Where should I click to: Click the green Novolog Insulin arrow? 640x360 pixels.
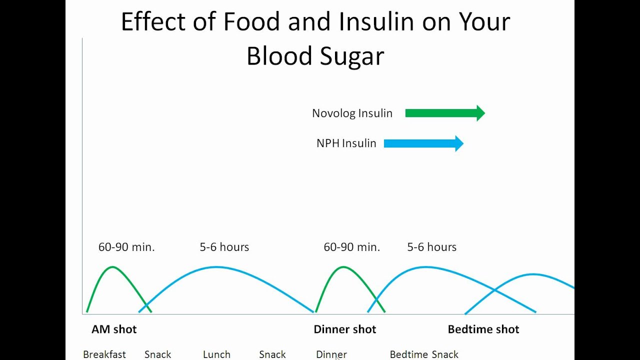[x=444, y=113]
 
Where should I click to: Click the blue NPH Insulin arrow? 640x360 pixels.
[x=423, y=144]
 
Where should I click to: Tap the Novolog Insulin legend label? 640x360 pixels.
[x=352, y=113]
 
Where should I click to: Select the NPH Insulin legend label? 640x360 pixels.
[x=346, y=143]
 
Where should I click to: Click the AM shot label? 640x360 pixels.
[x=114, y=329]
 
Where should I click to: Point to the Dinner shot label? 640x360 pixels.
[x=344, y=329]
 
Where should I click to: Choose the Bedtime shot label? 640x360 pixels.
[x=483, y=329]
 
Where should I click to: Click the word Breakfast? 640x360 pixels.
[x=104, y=354]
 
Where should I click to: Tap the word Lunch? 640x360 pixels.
[x=216, y=354]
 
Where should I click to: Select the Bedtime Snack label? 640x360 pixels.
[x=424, y=354]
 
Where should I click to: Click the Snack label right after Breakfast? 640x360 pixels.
[x=157, y=354]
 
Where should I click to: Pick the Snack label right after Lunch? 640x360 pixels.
[x=272, y=354]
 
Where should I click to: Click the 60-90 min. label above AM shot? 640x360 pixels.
[x=126, y=247]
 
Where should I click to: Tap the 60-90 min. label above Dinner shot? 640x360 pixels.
[x=352, y=247]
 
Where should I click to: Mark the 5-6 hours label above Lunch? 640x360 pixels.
[x=224, y=247]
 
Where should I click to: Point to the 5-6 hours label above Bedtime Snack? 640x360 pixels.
[x=431, y=247]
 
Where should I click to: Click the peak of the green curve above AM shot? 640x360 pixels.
[x=112, y=267]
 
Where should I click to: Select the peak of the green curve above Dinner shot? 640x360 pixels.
[x=343, y=267]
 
